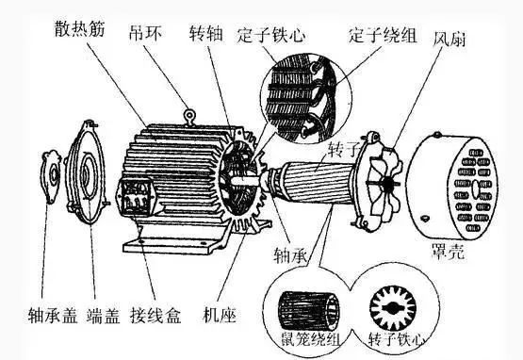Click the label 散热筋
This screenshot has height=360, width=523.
(x=80, y=28)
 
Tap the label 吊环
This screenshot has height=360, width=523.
(x=145, y=33)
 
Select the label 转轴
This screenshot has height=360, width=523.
(x=205, y=33)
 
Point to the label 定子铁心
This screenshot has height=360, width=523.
(x=271, y=35)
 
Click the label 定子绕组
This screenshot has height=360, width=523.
(x=383, y=35)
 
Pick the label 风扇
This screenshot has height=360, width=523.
(x=449, y=39)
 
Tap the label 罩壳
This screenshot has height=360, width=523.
(x=448, y=252)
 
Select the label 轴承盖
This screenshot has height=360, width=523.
(x=53, y=316)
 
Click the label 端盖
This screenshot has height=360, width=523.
(x=103, y=316)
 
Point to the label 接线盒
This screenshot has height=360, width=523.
(x=155, y=316)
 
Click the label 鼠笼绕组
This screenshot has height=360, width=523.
(x=311, y=340)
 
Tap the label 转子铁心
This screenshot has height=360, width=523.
(x=397, y=339)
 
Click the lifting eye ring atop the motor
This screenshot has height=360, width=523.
(x=189, y=118)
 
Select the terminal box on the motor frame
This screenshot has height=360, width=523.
(x=137, y=197)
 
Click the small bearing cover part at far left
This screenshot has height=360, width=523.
(x=50, y=176)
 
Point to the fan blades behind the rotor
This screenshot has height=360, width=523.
(x=385, y=184)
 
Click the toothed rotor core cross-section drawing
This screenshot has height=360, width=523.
(x=393, y=308)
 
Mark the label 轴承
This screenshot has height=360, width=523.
(x=289, y=255)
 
